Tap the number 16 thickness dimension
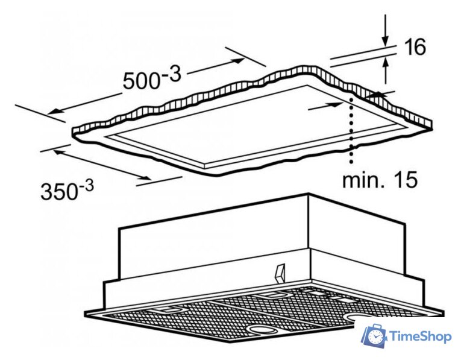point(414,47)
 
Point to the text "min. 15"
point(380,179)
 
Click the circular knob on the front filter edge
point(262,330)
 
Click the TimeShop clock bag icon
point(374,336)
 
